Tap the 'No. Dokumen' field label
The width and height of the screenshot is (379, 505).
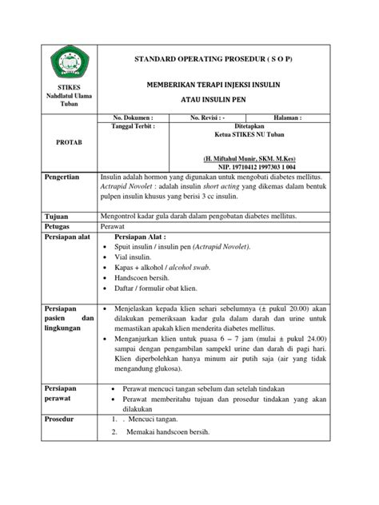pyautogui.click(x=139, y=117)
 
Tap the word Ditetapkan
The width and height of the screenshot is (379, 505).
pyautogui.click(x=249, y=126)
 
